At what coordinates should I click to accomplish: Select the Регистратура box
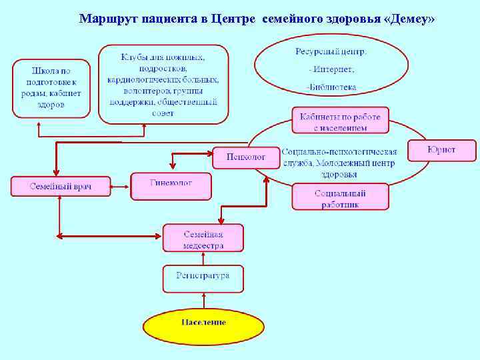(x=203, y=278)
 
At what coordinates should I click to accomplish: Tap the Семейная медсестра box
(x=203, y=238)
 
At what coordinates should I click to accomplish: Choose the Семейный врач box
(x=60, y=186)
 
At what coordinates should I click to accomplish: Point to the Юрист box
(x=442, y=150)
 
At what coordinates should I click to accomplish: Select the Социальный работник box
(x=340, y=198)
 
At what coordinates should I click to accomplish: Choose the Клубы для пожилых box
(x=163, y=84)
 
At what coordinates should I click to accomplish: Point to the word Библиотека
(x=331, y=87)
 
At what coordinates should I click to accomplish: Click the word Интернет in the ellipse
(x=331, y=69)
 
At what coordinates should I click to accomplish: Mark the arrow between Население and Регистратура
(x=203, y=301)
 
